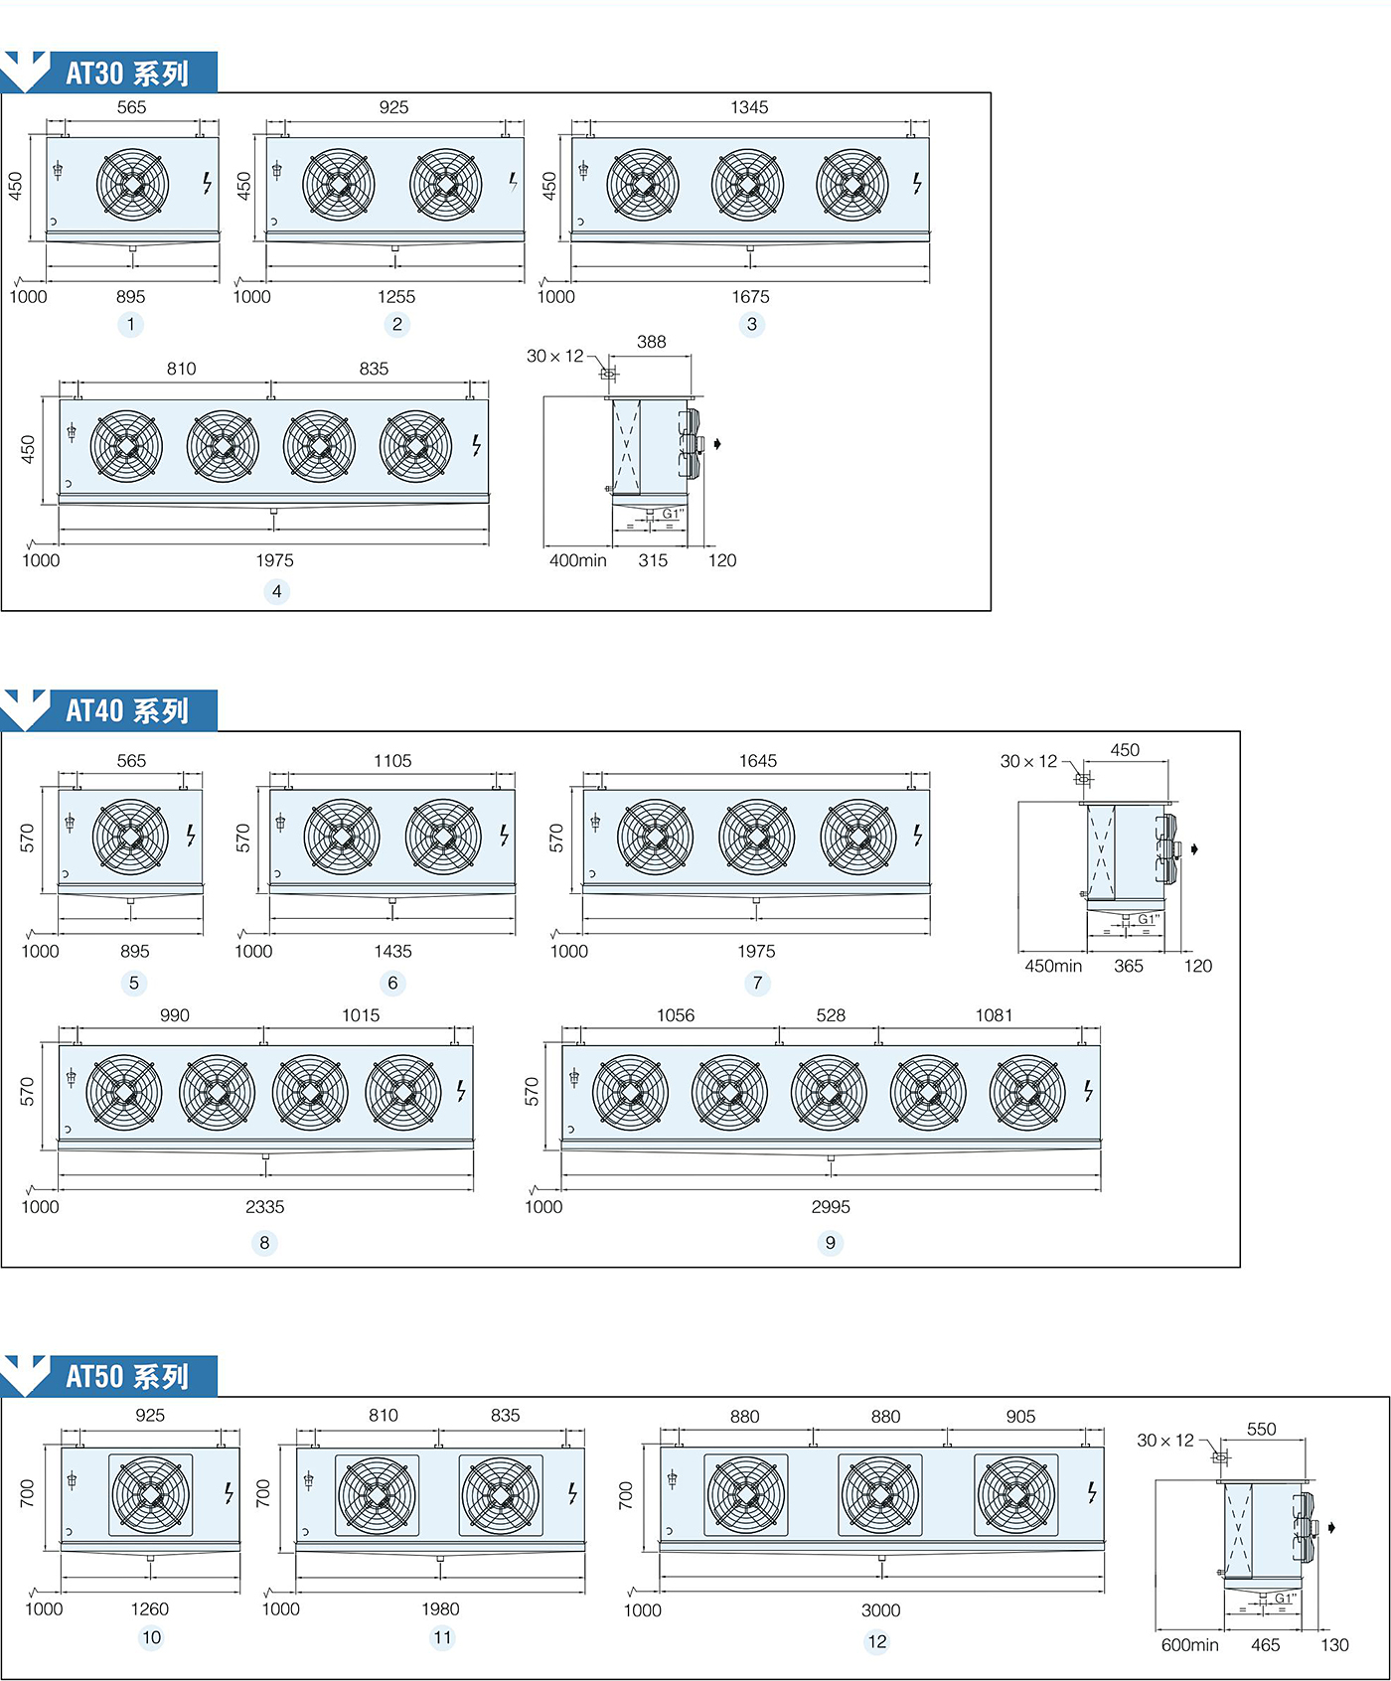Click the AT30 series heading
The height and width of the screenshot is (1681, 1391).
point(127,74)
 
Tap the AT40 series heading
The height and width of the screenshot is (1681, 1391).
point(127,711)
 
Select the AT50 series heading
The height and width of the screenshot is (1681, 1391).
point(127,1377)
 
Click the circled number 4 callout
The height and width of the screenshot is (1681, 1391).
point(276,591)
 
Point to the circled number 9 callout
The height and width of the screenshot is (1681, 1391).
point(830,1243)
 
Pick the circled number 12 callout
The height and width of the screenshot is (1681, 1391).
point(877,1641)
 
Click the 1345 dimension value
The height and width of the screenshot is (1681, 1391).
point(749,107)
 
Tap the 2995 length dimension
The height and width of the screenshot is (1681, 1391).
point(831,1207)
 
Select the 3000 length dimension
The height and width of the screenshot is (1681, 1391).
point(880,1610)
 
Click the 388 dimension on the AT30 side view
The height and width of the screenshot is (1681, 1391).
point(651,342)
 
